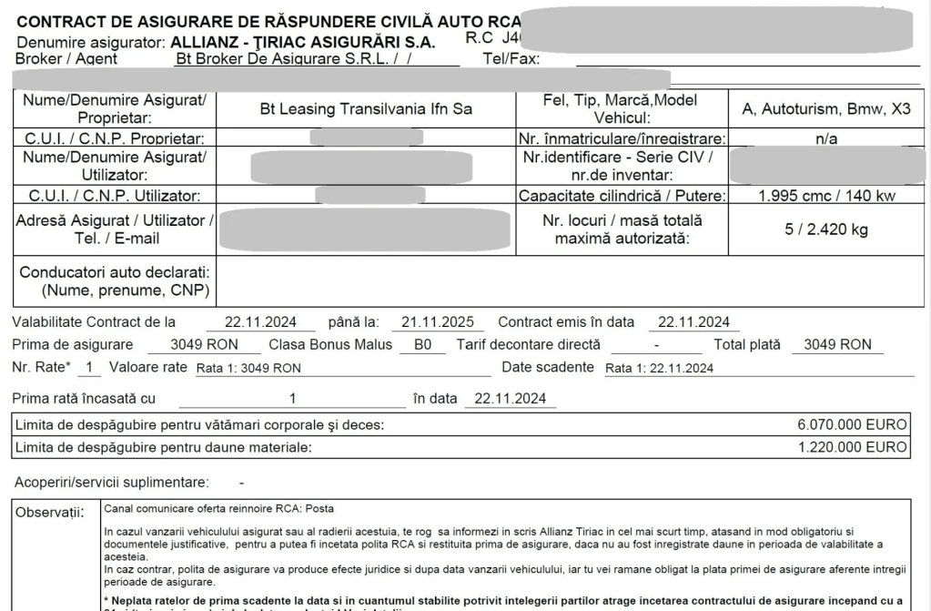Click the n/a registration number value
click(x=826, y=138)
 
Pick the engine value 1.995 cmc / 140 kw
click(x=826, y=195)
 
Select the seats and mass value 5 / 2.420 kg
click(x=826, y=229)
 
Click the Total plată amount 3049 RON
click(x=831, y=344)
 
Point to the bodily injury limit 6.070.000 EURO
click(x=852, y=424)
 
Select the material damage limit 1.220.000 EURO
click(x=852, y=447)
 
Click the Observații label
click(x=50, y=512)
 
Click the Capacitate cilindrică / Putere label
click(x=621, y=195)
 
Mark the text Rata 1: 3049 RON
click(x=248, y=368)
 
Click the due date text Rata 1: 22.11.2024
click(x=660, y=368)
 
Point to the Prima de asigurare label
click(x=72, y=344)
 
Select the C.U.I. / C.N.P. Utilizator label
click(x=108, y=195)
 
